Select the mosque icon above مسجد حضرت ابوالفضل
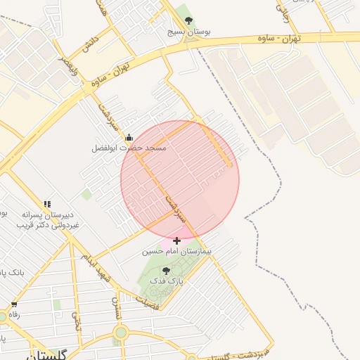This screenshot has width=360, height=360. click(129, 138)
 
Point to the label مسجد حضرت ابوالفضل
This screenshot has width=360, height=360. click(129, 148)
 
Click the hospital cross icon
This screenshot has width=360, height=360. click(176, 240)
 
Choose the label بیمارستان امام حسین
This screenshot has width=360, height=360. click(176, 250)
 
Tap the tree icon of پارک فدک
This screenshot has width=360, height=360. click(167, 271)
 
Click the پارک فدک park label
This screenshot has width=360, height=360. click(167, 281)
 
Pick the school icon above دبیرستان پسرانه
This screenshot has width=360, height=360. click(47, 204)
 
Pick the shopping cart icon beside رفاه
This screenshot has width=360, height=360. click(13, 305)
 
